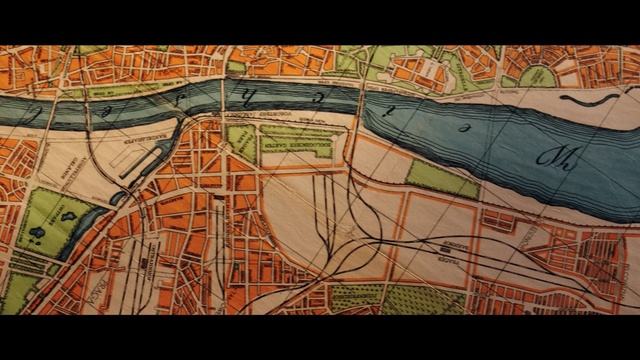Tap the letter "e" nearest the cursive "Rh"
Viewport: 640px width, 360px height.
[462, 126]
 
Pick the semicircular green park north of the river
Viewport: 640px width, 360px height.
[537, 76]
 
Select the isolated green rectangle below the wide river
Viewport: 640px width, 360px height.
[442, 179]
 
